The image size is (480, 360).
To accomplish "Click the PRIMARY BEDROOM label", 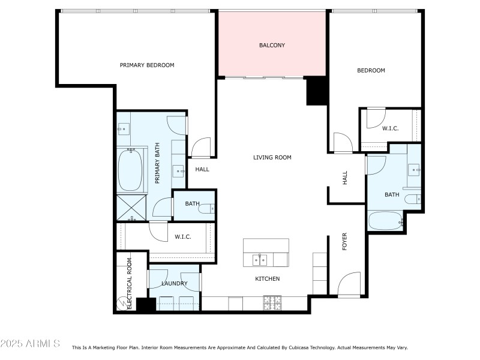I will pos(147,65).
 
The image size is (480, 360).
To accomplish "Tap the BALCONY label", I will pos(272,45).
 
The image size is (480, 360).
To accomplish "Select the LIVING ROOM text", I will pos(272,157).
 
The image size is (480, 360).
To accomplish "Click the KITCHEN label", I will pos(267,278).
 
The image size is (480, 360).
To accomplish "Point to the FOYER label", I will pos(344,241).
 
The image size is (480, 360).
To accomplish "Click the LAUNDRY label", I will pos(175,283).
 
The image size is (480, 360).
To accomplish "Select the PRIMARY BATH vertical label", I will pos(158,163).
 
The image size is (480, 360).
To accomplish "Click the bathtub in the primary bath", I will pos(130,170).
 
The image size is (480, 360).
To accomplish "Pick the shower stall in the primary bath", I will pos(131,206).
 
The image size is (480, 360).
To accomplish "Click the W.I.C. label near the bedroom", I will pos(390,128).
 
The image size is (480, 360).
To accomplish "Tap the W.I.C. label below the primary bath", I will pos(183,236).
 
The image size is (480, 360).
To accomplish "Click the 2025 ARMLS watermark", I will pos(30,344).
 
